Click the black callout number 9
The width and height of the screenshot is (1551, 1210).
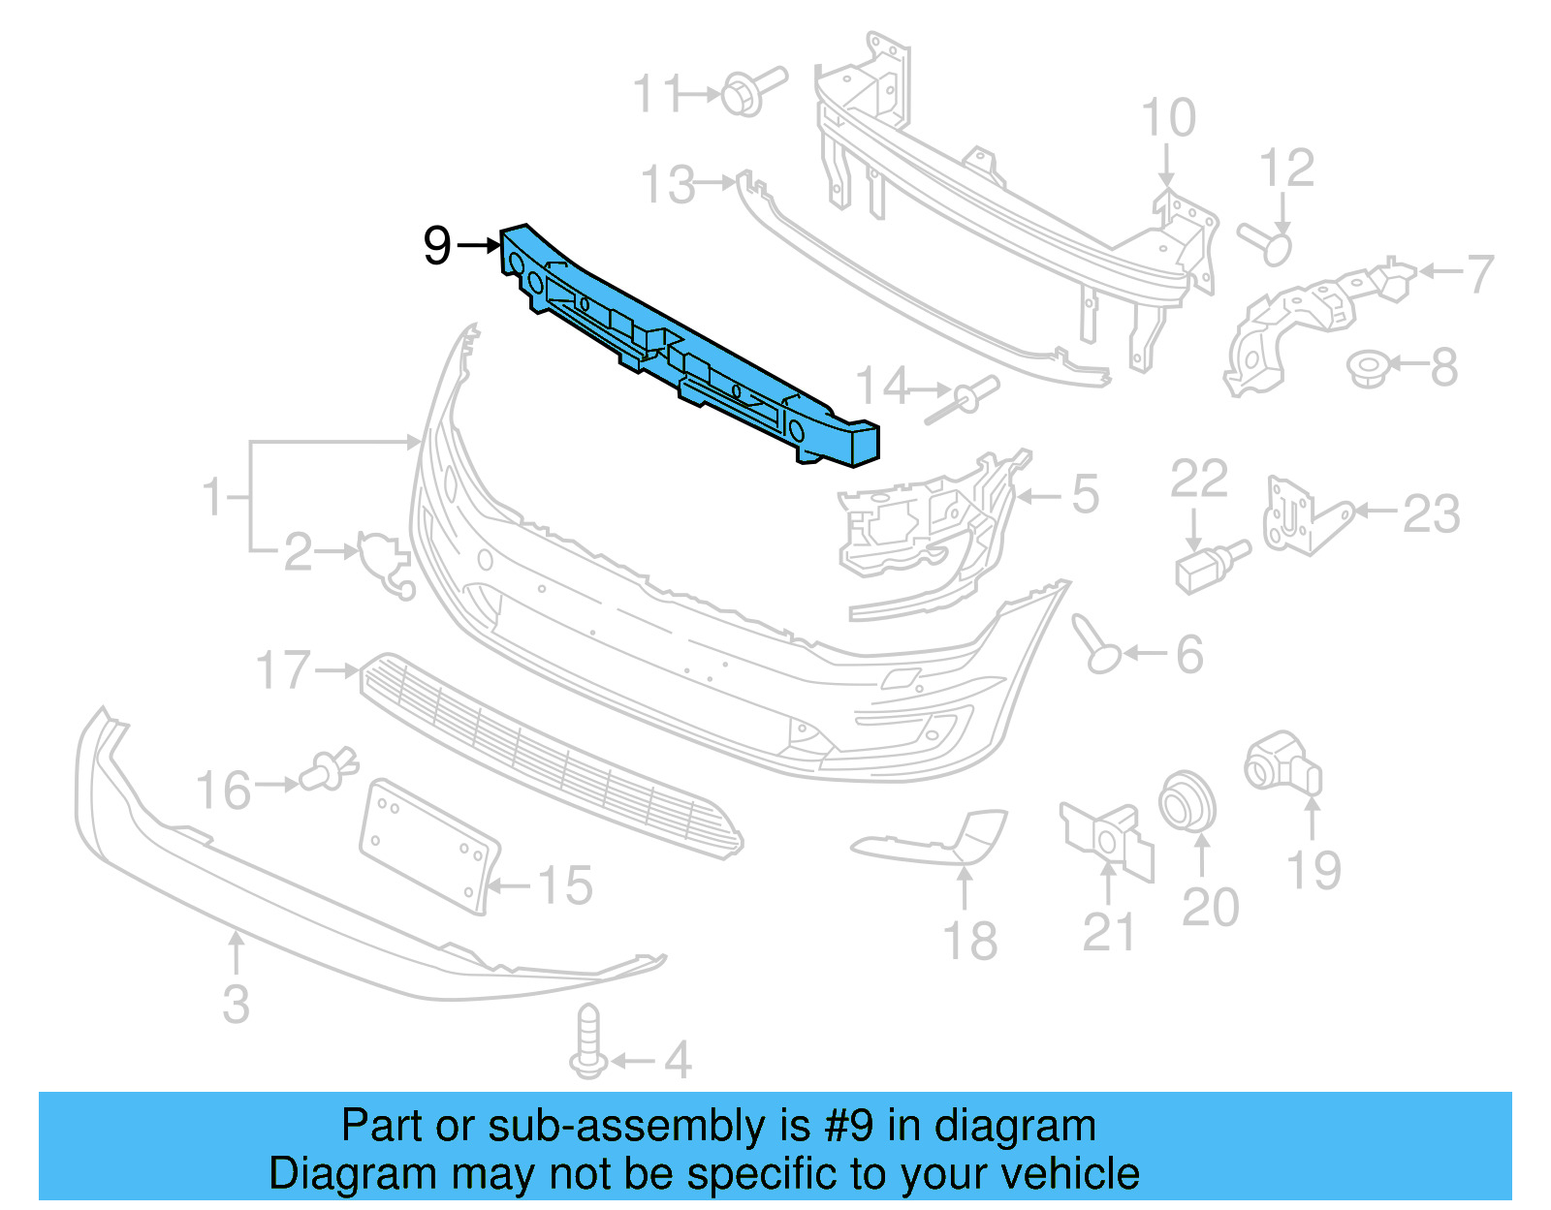pos(437,246)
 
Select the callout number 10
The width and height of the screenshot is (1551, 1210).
pos(1167,119)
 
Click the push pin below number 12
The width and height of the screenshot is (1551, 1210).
pos(1268,242)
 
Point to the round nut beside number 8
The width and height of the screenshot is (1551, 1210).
pos(1369,369)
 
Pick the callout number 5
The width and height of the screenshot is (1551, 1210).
pos(1085,495)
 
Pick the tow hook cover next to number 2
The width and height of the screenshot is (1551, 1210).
pos(384,562)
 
